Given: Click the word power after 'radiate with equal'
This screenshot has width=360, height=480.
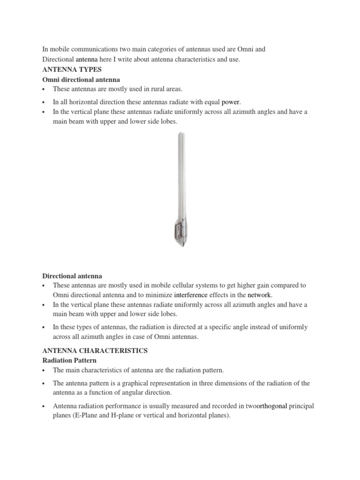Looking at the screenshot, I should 231,102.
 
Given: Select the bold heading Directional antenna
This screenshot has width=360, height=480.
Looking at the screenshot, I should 72,276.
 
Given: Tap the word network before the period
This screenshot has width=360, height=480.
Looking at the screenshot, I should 259,295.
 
